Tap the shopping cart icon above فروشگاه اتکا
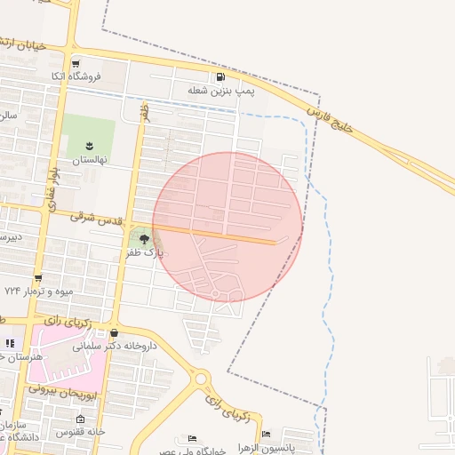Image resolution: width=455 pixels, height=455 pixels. (76, 64)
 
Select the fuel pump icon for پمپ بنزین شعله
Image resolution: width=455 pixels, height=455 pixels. (220, 77)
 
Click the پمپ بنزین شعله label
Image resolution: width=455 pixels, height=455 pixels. (220, 91)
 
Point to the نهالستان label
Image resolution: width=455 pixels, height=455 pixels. (89, 159)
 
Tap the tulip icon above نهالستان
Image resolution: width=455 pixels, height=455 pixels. (89, 145)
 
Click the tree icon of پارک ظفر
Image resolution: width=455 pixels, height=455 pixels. (145, 238)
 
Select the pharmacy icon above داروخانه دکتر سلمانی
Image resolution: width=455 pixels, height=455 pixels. (113, 332)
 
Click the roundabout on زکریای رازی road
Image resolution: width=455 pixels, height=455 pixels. (201, 378)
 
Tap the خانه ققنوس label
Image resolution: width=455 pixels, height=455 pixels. (82, 433)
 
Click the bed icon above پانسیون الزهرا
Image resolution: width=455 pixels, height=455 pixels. (266, 434)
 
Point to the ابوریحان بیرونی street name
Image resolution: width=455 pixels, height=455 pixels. (68, 389)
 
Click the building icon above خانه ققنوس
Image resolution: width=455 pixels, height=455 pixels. (81, 419)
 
